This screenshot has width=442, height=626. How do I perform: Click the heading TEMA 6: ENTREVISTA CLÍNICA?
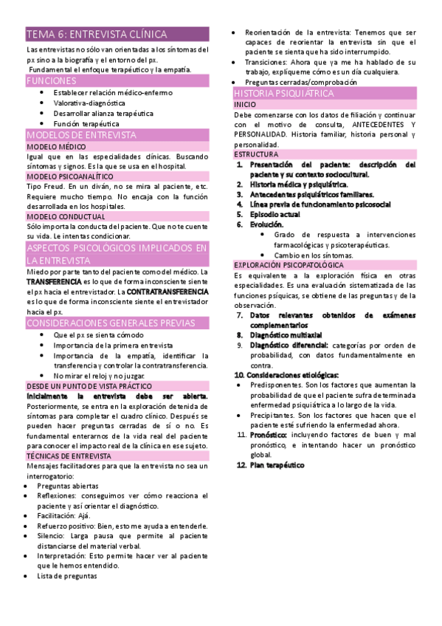(x=97, y=35)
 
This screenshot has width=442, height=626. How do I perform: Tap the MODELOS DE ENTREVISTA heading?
(x=81, y=136)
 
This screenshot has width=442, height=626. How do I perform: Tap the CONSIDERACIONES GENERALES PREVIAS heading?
(x=111, y=323)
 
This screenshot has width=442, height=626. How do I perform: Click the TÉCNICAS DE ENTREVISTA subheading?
(x=69, y=456)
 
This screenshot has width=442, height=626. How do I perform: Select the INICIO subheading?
(x=245, y=106)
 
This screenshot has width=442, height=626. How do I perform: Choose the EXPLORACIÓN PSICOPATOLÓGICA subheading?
(x=289, y=264)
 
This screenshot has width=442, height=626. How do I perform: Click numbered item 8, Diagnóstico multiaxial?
(x=286, y=334)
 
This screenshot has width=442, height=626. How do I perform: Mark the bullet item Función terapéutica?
(x=86, y=124)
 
